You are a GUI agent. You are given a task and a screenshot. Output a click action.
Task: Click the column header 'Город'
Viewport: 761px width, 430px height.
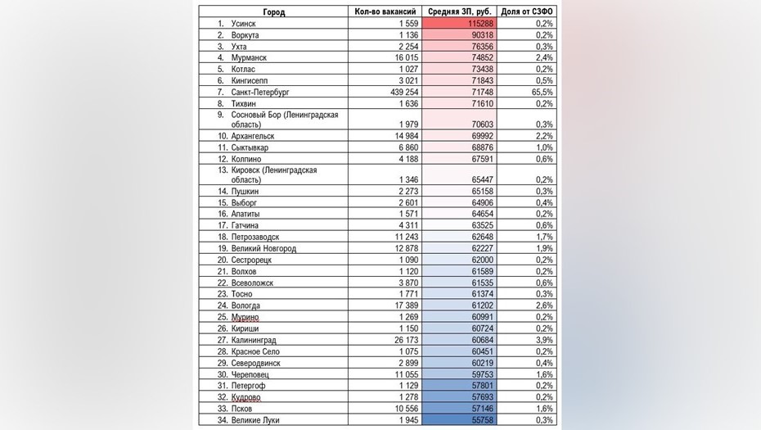[x=274, y=11]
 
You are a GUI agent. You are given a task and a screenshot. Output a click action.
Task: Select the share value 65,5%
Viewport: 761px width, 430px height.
[x=541, y=93]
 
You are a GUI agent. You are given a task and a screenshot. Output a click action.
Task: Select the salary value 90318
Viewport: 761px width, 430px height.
[x=481, y=35]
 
